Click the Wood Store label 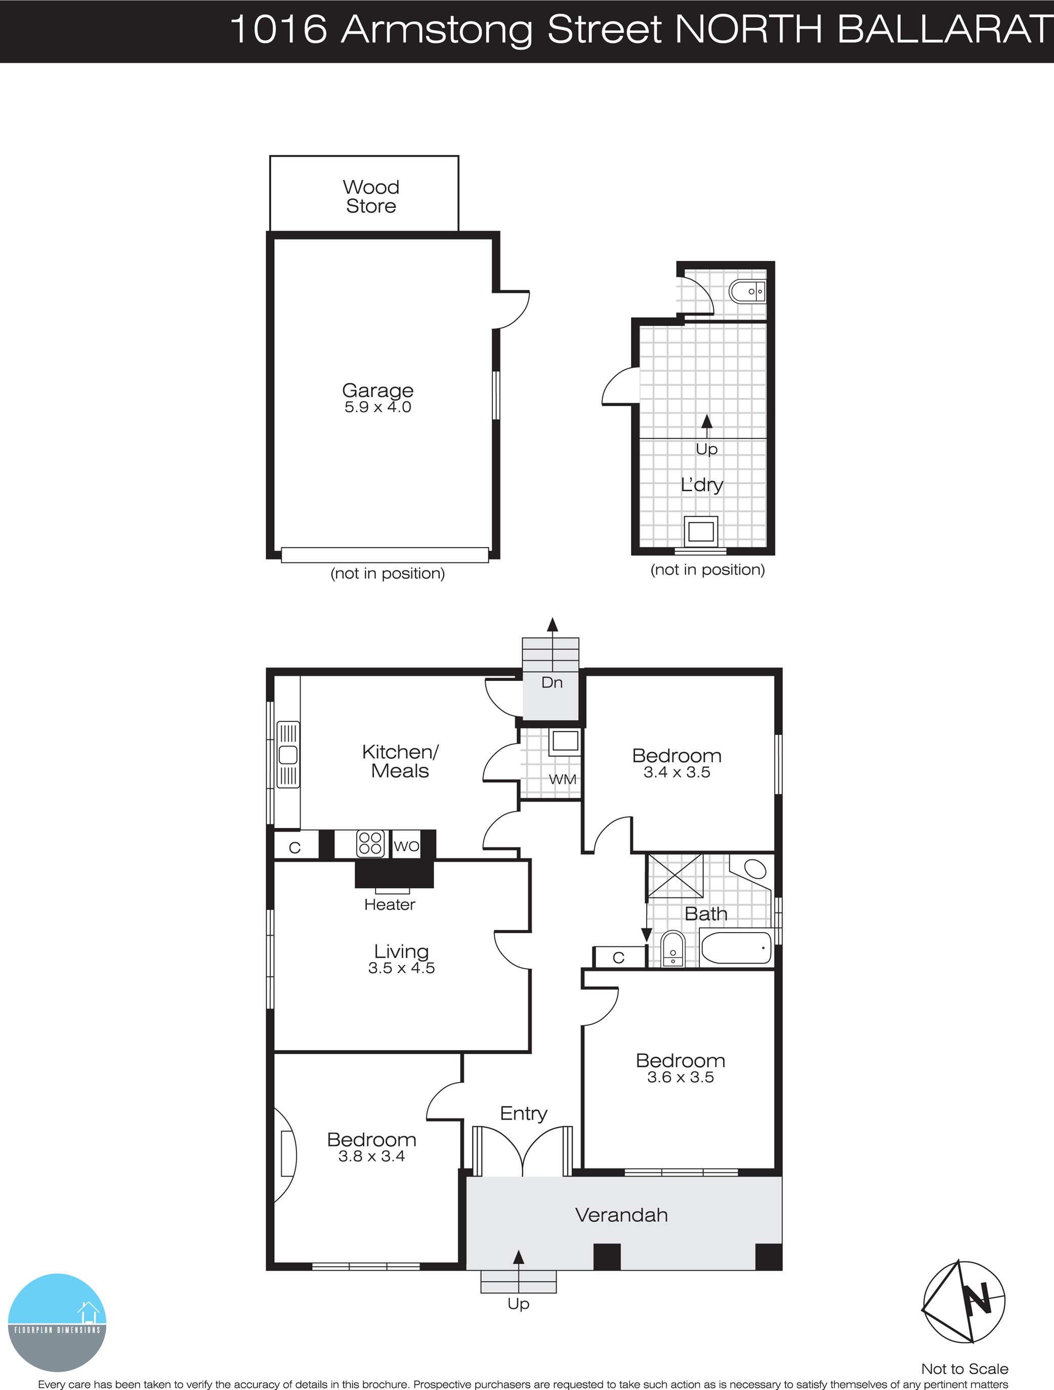click(371, 196)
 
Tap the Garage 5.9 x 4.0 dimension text click(378, 407)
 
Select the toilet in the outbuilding click(747, 291)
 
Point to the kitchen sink click(288, 755)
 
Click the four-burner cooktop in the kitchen click(369, 843)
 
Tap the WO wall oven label click(406, 846)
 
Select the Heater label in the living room click(390, 904)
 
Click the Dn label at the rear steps click(552, 682)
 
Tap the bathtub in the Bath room click(735, 947)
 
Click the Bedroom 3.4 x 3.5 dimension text click(677, 772)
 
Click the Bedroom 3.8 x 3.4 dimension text click(371, 1156)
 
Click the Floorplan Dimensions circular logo click(57, 1322)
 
